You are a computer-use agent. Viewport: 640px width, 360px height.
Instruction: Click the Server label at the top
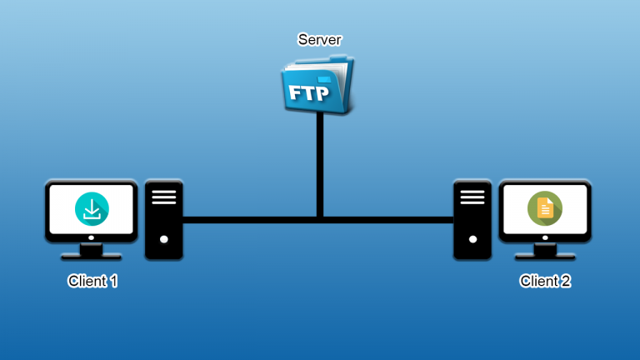point(320,39)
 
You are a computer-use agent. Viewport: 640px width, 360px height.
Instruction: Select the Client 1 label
point(92,282)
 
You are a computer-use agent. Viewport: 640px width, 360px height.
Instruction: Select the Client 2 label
point(545,282)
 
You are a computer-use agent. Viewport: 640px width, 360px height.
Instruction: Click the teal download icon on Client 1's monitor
point(91,208)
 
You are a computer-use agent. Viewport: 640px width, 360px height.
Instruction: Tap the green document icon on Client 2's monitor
point(544,208)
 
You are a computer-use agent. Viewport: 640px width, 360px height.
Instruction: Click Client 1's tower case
point(164,219)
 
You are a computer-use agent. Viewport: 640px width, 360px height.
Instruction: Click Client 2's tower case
point(472,219)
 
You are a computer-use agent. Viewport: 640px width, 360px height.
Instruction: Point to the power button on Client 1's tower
point(164,239)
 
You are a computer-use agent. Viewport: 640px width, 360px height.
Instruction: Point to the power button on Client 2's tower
point(472,239)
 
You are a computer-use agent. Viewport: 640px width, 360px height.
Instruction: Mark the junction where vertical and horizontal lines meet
point(320,220)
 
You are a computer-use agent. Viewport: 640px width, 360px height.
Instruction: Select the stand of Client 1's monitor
point(91,251)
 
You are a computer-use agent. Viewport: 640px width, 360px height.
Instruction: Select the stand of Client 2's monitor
point(544,251)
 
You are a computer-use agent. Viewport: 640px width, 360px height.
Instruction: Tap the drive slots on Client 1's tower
point(164,197)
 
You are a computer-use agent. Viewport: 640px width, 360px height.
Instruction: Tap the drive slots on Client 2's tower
point(472,197)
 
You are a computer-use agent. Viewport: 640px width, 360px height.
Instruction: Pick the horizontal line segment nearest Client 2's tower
point(433,220)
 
